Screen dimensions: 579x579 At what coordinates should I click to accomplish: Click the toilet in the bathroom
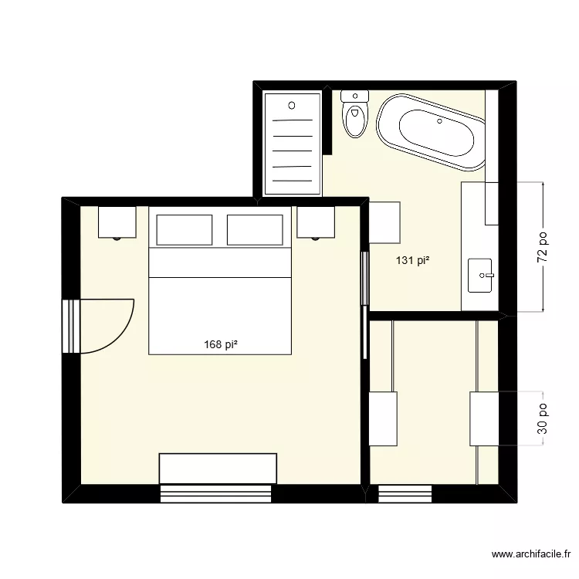[355, 114]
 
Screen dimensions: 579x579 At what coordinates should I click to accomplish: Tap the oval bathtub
[430, 131]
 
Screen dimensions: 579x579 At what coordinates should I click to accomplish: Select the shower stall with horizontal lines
[293, 144]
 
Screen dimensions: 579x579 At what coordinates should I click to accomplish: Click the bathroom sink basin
[482, 275]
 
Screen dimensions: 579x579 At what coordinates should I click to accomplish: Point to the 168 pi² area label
[220, 345]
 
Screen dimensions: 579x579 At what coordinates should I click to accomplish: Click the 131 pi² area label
[413, 261]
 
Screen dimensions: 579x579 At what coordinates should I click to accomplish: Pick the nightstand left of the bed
[117, 222]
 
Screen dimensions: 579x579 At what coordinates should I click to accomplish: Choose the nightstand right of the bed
[316, 222]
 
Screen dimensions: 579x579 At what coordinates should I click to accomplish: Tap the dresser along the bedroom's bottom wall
[218, 468]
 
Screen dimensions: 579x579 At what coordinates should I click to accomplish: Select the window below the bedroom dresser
[217, 493]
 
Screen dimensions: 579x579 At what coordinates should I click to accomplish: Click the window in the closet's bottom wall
[405, 493]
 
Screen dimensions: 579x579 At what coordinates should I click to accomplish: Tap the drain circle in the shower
[292, 105]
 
